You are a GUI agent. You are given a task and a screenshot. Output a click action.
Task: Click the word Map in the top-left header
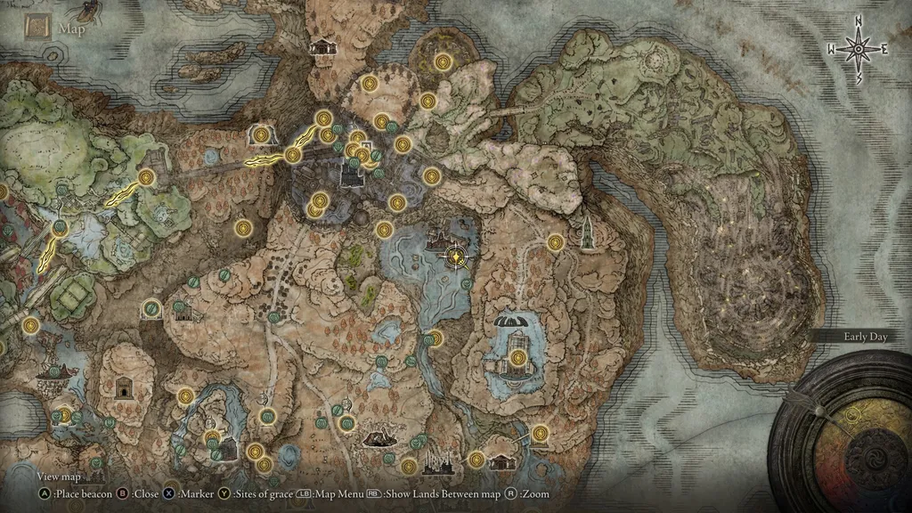[71, 28]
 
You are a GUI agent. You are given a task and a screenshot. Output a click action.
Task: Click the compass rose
[859, 51]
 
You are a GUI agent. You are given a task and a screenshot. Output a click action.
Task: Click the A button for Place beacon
[44, 493]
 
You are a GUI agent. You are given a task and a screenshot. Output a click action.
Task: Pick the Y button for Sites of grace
[224, 493]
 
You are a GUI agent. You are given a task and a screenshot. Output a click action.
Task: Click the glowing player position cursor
[457, 256]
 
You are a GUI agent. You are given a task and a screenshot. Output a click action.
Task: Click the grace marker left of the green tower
[556, 241]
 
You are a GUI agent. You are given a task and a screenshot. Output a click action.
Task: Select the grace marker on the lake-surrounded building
[517, 357]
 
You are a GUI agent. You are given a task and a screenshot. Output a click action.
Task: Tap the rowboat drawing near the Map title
[86, 11]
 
